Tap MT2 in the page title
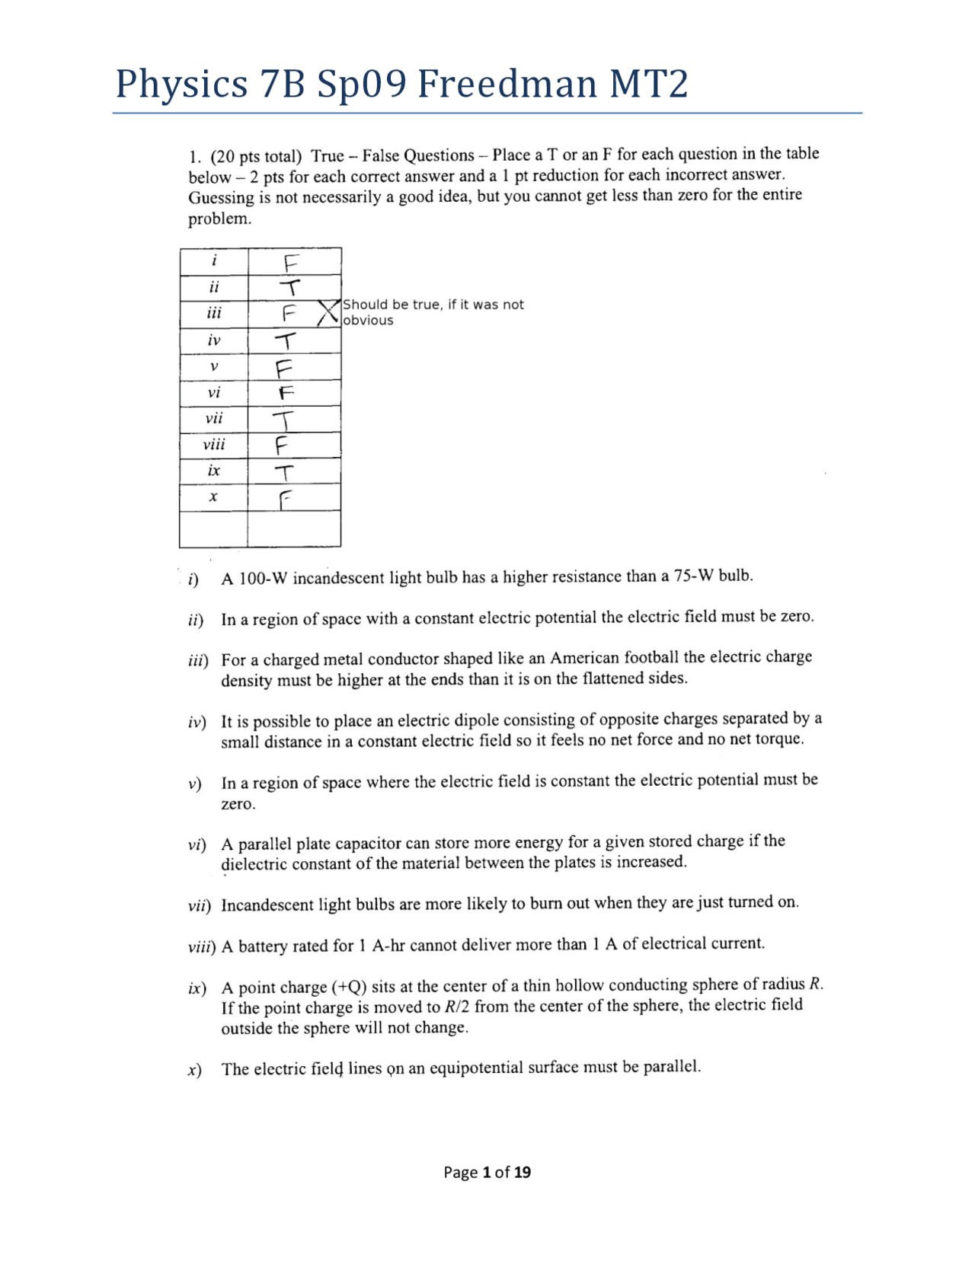click(648, 84)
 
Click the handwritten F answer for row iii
click(289, 313)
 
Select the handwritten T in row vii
click(284, 420)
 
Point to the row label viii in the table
click(214, 445)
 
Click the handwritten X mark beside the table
click(328, 312)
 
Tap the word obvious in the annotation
click(368, 321)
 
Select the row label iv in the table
click(214, 340)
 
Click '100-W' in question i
click(263, 578)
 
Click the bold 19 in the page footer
click(522, 1173)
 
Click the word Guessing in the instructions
click(221, 198)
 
